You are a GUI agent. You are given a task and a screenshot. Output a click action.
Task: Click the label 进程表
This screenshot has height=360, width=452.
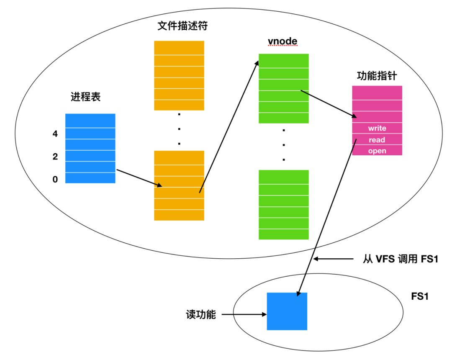(x=85, y=97)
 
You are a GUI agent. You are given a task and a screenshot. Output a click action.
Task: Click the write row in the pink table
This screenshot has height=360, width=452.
(x=377, y=128)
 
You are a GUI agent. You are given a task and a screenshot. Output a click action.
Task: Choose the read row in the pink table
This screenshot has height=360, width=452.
(x=377, y=139)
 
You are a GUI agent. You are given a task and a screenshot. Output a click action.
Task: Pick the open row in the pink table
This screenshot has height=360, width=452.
(x=377, y=151)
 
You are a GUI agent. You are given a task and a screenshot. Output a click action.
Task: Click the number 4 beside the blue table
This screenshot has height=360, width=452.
(x=55, y=134)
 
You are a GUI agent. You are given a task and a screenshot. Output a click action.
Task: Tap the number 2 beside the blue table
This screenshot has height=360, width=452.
(x=55, y=157)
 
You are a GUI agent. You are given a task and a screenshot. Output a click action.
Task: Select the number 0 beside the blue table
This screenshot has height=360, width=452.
(x=55, y=180)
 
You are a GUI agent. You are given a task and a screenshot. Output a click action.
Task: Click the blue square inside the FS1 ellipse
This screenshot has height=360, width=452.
(x=287, y=311)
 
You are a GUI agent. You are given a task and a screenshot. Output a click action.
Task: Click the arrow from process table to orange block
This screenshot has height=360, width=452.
(x=139, y=177)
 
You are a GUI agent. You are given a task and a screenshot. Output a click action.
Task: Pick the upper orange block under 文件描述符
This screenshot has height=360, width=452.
(x=179, y=75)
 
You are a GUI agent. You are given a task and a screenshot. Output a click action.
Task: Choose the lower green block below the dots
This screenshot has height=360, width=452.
(x=283, y=204)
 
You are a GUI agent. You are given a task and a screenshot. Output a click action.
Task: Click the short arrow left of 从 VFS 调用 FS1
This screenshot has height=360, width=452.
(x=333, y=259)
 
